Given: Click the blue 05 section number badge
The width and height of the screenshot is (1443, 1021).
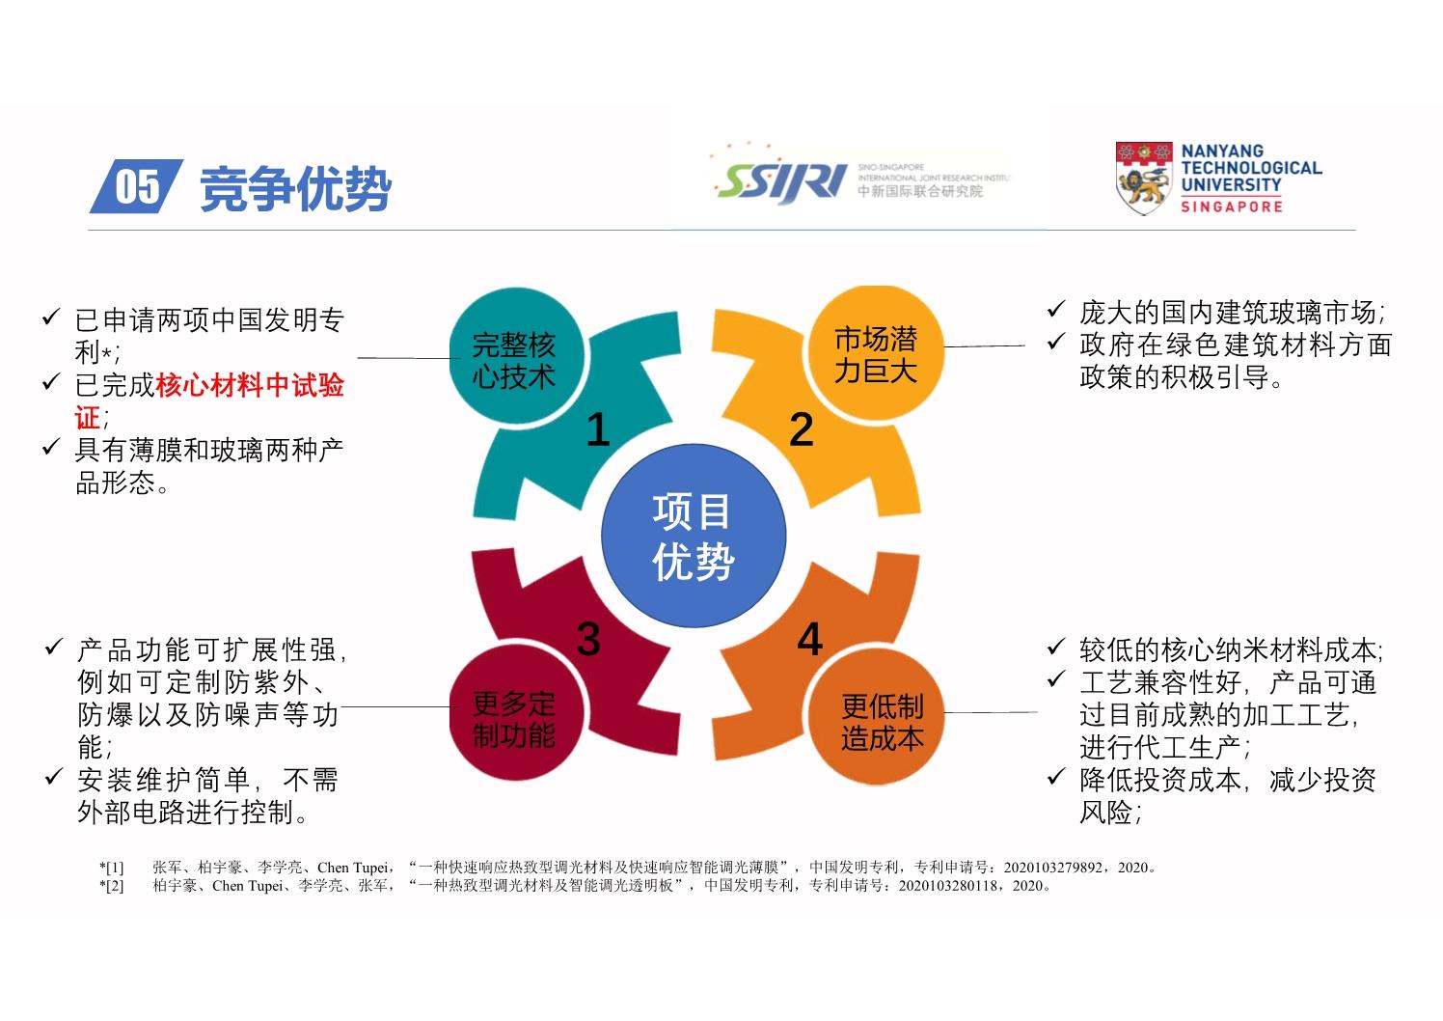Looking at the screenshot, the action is tap(137, 186).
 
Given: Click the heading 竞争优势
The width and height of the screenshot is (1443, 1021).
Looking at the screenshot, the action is tap(296, 189).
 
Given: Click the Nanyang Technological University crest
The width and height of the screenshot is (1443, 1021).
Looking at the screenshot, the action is tap(1144, 179).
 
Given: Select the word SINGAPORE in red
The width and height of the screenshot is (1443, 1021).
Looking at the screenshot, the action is tap(1232, 207).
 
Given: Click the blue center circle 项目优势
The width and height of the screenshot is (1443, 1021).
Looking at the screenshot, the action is tap(694, 536).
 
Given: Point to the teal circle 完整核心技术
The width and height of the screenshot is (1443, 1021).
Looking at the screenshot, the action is tap(517, 357).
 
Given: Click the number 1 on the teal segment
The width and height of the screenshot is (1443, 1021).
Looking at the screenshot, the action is tap(598, 429).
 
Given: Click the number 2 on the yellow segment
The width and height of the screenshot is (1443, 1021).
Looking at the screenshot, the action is tap(802, 429).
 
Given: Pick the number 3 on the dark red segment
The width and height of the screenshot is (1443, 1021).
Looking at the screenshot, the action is tap(588, 640).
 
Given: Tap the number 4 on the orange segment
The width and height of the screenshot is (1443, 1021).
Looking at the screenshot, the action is tap(809, 640).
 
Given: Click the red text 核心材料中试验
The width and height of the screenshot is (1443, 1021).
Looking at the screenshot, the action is tap(250, 385).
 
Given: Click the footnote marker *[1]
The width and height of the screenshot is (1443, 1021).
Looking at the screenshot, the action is tap(111, 867).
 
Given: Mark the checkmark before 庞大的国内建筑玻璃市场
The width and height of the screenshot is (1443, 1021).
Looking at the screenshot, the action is tap(1056, 310).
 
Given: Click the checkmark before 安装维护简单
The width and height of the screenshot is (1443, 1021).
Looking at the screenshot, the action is tap(54, 777).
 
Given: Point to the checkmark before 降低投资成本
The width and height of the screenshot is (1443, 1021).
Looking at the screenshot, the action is tap(1056, 777).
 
